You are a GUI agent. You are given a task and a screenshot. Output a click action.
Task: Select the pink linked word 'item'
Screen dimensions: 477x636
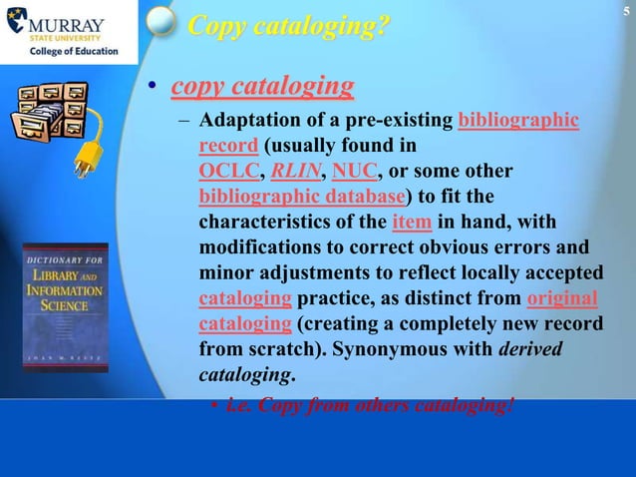point(412,221)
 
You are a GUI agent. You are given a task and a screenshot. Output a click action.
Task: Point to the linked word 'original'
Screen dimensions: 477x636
point(561,296)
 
